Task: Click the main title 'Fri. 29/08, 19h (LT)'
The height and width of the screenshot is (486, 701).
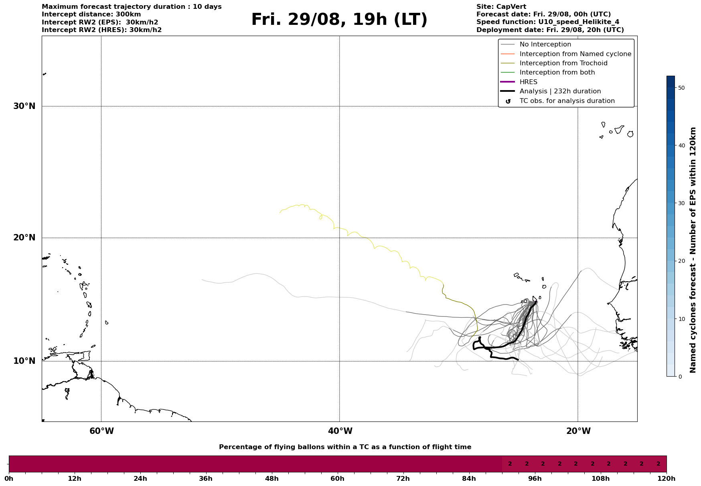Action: (x=339, y=20)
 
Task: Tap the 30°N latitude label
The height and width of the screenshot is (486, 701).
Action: (x=24, y=106)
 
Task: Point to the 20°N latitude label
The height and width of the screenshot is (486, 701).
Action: (x=24, y=238)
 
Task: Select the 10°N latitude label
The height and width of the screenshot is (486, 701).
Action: (x=24, y=361)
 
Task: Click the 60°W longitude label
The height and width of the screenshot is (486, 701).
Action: (x=101, y=431)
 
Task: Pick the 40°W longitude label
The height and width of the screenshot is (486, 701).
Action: (x=340, y=431)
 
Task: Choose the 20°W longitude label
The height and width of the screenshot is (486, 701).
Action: (x=578, y=431)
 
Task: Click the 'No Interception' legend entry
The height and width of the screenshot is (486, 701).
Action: (x=545, y=44)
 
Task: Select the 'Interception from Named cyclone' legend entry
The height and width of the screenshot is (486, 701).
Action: (x=575, y=54)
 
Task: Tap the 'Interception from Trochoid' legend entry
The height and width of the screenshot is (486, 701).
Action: (x=563, y=63)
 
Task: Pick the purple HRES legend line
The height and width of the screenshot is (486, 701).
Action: (x=508, y=82)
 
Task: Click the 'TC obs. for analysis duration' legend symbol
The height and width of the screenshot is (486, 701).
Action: (x=508, y=101)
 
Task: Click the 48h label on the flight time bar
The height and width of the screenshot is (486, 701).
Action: (x=271, y=478)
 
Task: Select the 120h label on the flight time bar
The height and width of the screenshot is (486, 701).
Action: (x=667, y=478)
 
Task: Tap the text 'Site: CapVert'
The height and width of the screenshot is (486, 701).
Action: (x=501, y=7)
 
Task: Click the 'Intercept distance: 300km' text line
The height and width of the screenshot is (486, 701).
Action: (x=91, y=14)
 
